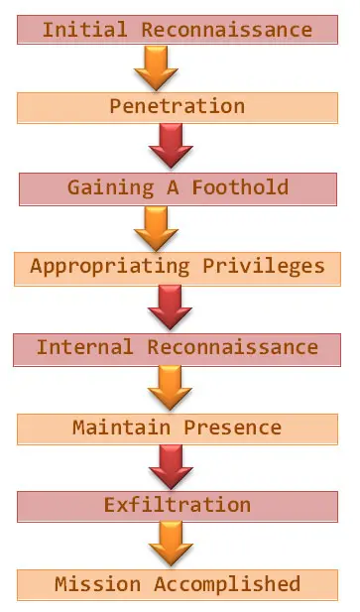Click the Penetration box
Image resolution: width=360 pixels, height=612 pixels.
click(x=178, y=107)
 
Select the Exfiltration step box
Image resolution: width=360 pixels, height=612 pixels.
click(x=178, y=506)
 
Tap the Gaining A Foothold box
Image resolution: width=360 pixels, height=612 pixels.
click(x=178, y=187)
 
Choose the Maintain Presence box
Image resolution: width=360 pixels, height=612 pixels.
click(x=178, y=428)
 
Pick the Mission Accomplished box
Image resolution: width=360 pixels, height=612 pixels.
click(x=178, y=584)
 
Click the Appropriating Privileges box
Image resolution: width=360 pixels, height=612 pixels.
click(x=178, y=266)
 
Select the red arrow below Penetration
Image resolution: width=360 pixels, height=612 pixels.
click(x=170, y=147)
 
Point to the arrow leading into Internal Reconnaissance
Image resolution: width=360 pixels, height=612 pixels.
click(x=170, y=307)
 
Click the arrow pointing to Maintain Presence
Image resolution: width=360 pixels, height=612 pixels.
click(x=170, y=387)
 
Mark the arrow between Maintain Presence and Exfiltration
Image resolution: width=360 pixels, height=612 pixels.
click(x=170, y=466)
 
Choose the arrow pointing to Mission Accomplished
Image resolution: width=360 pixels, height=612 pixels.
click(x=170, y=545)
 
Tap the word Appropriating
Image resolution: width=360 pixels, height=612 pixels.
click(x=109, y=266)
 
